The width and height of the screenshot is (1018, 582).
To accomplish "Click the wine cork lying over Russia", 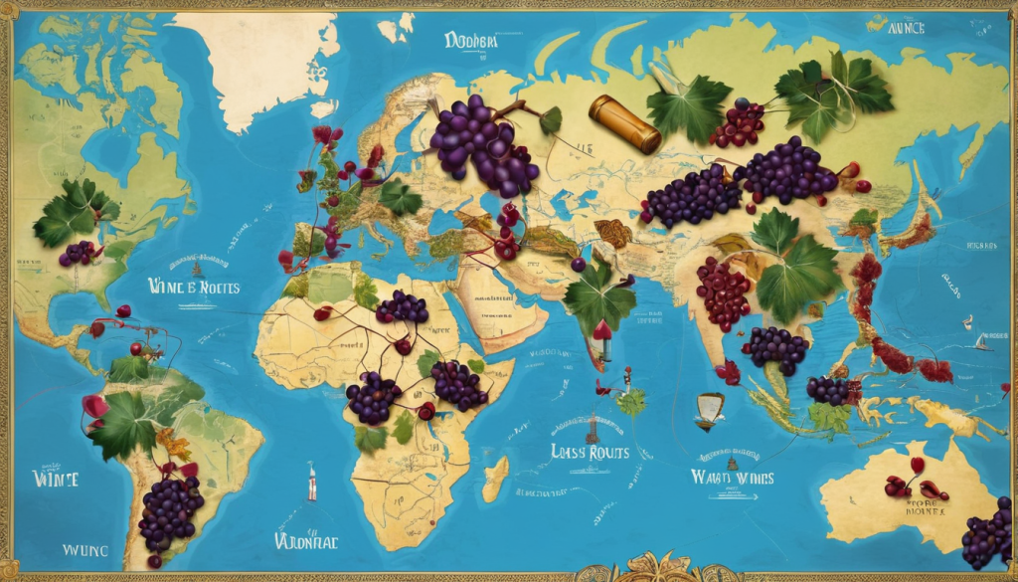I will (623, 123).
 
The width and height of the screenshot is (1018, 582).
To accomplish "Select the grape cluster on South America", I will (170, 509).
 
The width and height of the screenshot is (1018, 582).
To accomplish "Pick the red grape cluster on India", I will (724, 291).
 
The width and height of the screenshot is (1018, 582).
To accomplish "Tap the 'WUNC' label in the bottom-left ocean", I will (87, 548).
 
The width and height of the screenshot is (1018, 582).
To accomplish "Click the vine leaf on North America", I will (73, 210).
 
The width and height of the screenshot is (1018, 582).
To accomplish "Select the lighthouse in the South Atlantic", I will (312, 482).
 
